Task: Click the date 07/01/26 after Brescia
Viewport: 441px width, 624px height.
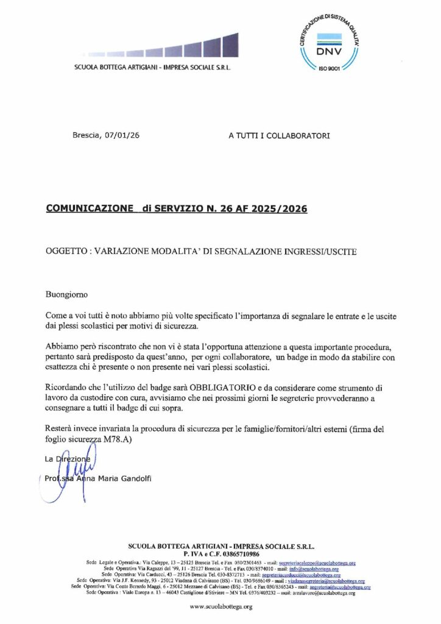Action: point(124,136)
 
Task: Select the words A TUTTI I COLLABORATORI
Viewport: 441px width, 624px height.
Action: point(279,136)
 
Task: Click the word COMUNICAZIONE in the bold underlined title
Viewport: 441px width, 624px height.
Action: point(89,208)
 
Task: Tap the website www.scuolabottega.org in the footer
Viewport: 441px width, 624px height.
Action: point(220,607)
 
